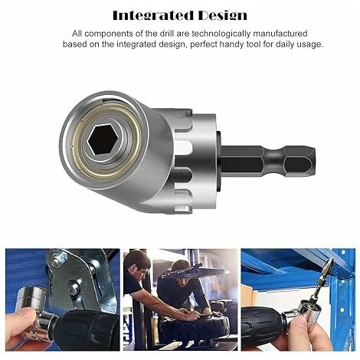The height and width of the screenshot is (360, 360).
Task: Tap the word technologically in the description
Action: point(222,34)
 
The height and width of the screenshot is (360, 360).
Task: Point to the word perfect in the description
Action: point(203,44)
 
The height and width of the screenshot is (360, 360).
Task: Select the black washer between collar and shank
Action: point(218,162)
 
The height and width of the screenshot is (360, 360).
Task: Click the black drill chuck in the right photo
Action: point(263,324)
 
